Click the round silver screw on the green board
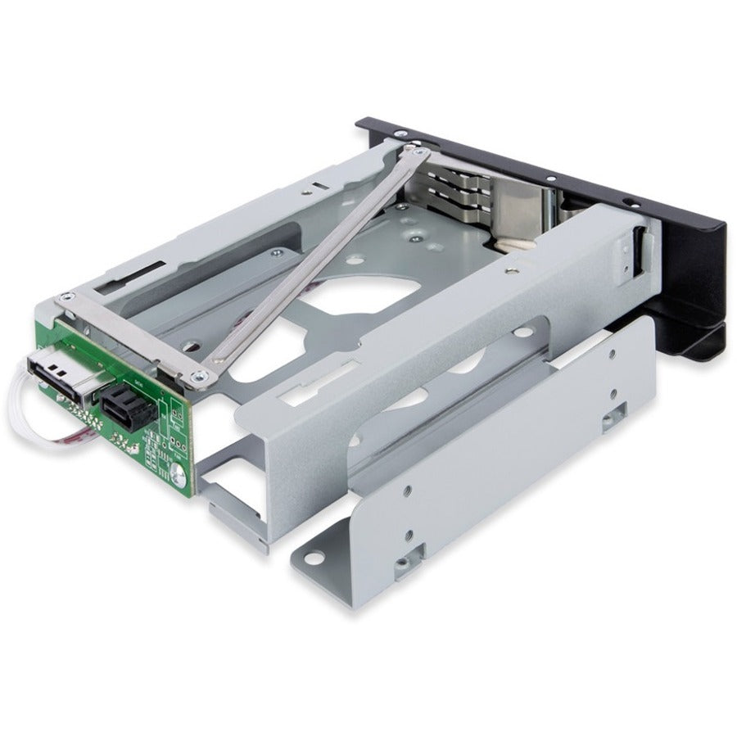click(177, 472)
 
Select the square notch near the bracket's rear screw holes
click(609, 420)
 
